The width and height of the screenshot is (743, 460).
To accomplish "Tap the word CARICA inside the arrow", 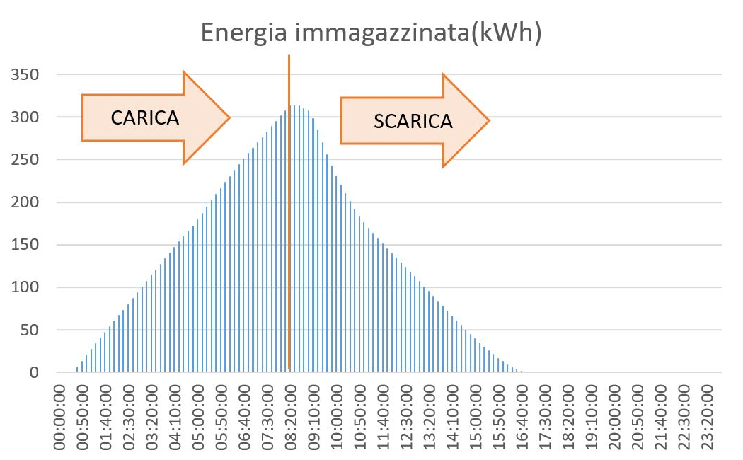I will click(145, 117).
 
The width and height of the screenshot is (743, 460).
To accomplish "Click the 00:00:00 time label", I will click(62, 417).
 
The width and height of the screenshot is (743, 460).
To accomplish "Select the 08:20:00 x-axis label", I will click(290, 417).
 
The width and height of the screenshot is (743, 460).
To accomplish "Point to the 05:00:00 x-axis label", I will click(199, 417).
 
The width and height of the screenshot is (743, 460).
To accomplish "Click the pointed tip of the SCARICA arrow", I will click(489, 121).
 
